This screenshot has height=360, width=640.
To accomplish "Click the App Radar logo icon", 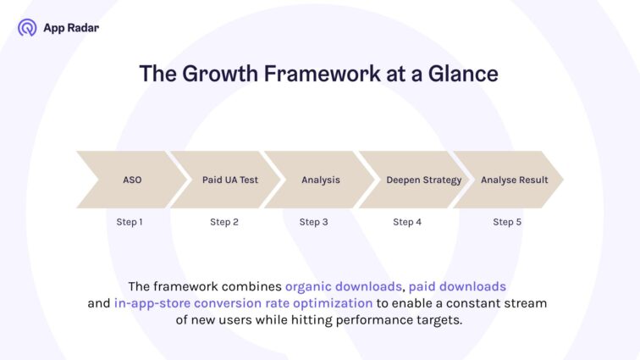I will (x=27, y=28).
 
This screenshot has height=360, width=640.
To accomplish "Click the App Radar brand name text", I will (x=70, y=28).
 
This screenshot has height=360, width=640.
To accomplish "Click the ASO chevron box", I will (x=132, y=180).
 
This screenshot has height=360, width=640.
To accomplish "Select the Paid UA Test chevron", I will (x=229, y=180).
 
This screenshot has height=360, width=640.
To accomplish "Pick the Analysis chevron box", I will (x=321, y=180).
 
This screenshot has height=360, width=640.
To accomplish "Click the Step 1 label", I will (x=130, y=222).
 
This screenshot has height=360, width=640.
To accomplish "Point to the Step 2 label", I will (x=224, y=222).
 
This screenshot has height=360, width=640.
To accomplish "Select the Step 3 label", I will (x=313, y=222).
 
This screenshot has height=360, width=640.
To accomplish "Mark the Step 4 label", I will (x=407, y=222).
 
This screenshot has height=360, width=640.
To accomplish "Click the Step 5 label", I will (x=507, y=222).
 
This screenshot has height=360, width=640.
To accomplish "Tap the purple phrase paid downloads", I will (x=457, y=286).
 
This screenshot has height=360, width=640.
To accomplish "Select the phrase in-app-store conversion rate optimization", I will (x=243, y=303).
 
